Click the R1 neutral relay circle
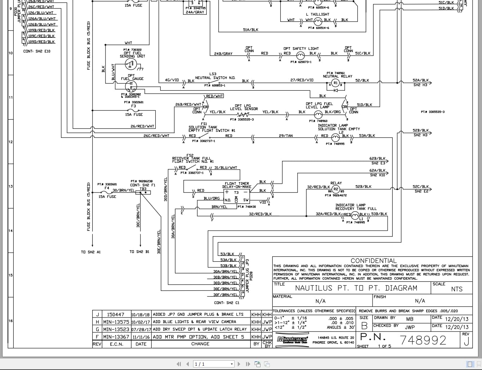335,83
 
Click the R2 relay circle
336,189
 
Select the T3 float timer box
236,196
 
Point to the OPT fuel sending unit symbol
130,64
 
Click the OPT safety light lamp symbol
300,55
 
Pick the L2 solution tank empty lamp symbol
335,137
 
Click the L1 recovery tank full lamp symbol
356,215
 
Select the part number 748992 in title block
423,340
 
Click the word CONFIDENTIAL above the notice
373,261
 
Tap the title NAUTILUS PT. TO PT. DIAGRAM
356,288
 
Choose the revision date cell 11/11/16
141,337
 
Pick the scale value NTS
456,289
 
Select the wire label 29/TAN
286,136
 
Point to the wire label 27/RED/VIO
302,80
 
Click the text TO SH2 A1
91,252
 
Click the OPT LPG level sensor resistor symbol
243,115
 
